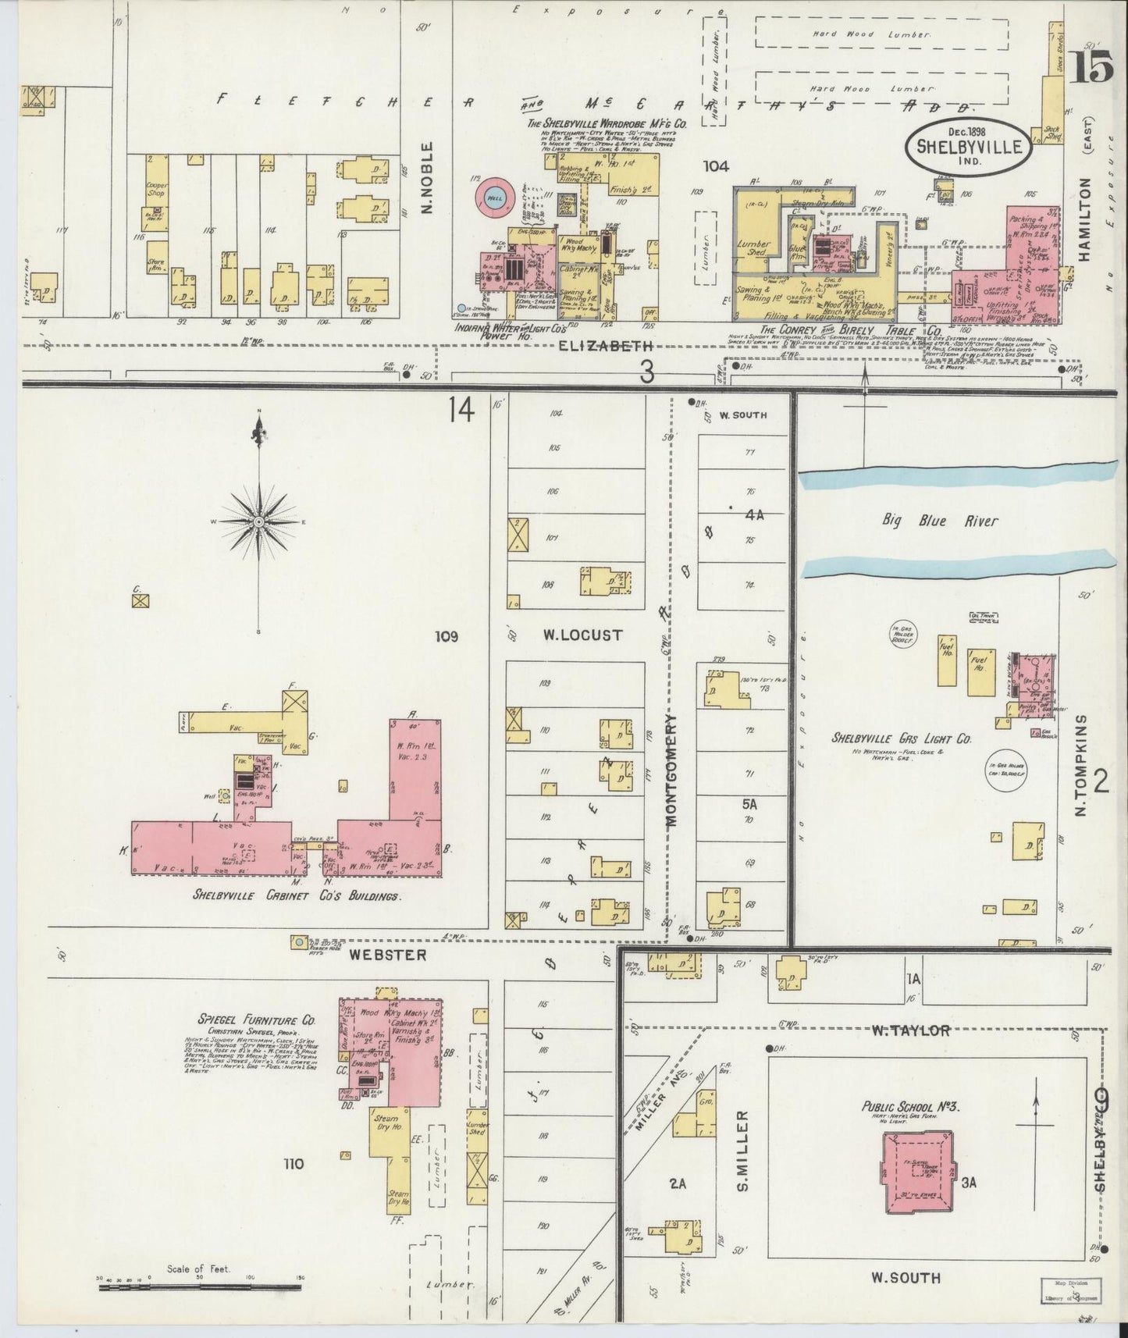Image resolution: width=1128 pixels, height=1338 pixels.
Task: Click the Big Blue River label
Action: click(x=940, y=521)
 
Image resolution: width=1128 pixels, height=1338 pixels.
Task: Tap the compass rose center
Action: click(x=258, y=521)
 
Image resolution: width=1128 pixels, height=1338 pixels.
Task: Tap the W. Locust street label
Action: click(x=583, y=635)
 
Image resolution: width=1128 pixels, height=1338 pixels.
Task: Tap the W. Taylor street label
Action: click(x=909, y=1030)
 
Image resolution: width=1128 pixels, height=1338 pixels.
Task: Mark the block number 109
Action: click(x=447, y=636)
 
